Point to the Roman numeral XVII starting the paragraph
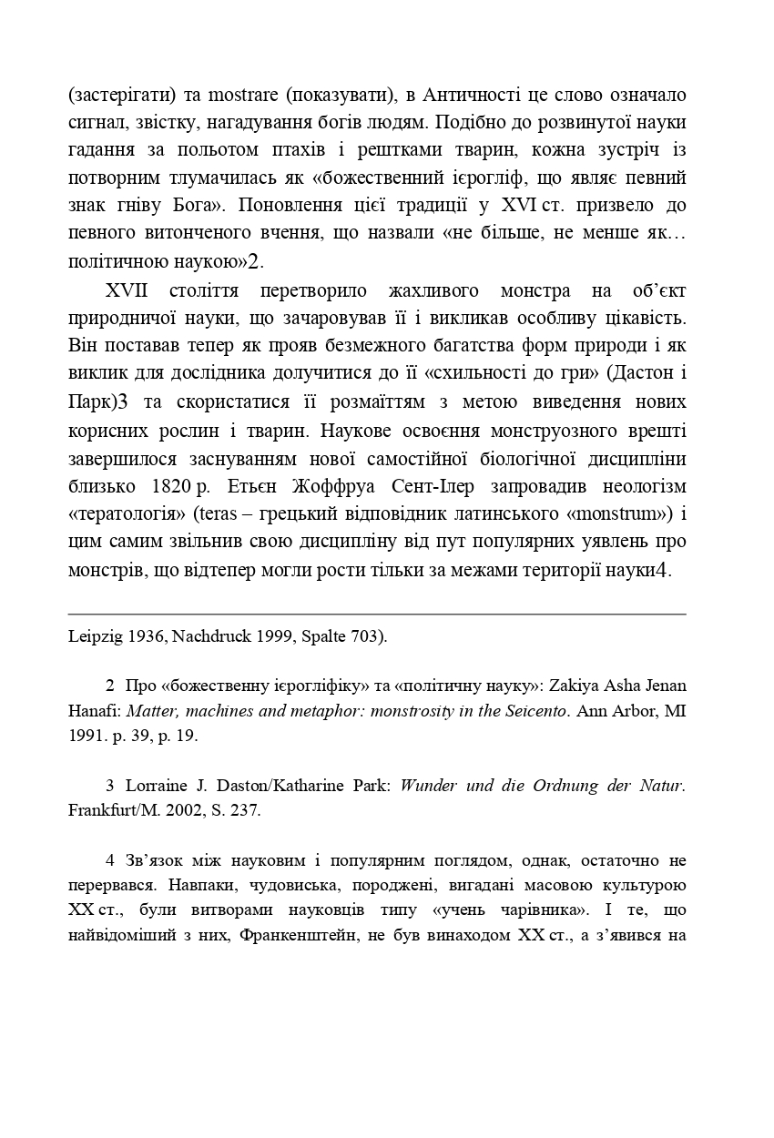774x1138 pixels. tap(127, 291)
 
